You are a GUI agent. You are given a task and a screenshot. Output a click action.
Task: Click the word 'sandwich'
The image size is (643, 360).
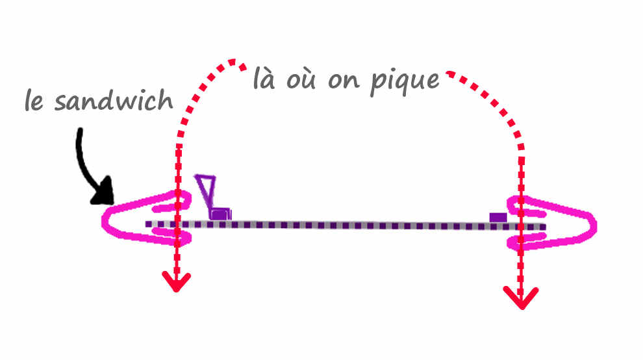tap(114, 100)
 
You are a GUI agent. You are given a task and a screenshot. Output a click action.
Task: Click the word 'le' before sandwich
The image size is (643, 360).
tap(34, 100)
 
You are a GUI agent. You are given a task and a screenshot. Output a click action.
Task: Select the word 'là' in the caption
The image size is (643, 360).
tap(264, 78)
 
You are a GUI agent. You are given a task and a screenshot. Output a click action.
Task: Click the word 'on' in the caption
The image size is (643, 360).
tap(344, 81)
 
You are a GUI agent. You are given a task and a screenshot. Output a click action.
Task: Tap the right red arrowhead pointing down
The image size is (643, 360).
tap(521, 298)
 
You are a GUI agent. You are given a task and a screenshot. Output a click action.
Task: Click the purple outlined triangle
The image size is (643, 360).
tap(206, 190)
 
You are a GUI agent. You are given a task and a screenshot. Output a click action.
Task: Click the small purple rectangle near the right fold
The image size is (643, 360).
tap(498, 217)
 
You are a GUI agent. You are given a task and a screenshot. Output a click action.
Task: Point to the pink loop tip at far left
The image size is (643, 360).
tap(104, 222)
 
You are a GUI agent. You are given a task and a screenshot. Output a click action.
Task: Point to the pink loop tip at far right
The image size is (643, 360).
tap(594, 226)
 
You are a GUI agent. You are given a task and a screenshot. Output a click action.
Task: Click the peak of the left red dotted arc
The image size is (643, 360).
tap(233, 62)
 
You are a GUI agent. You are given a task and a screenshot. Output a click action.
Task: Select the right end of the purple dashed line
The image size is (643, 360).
tap(544, 227)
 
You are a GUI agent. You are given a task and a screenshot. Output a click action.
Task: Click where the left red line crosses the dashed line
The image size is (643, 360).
tap(177, 225)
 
